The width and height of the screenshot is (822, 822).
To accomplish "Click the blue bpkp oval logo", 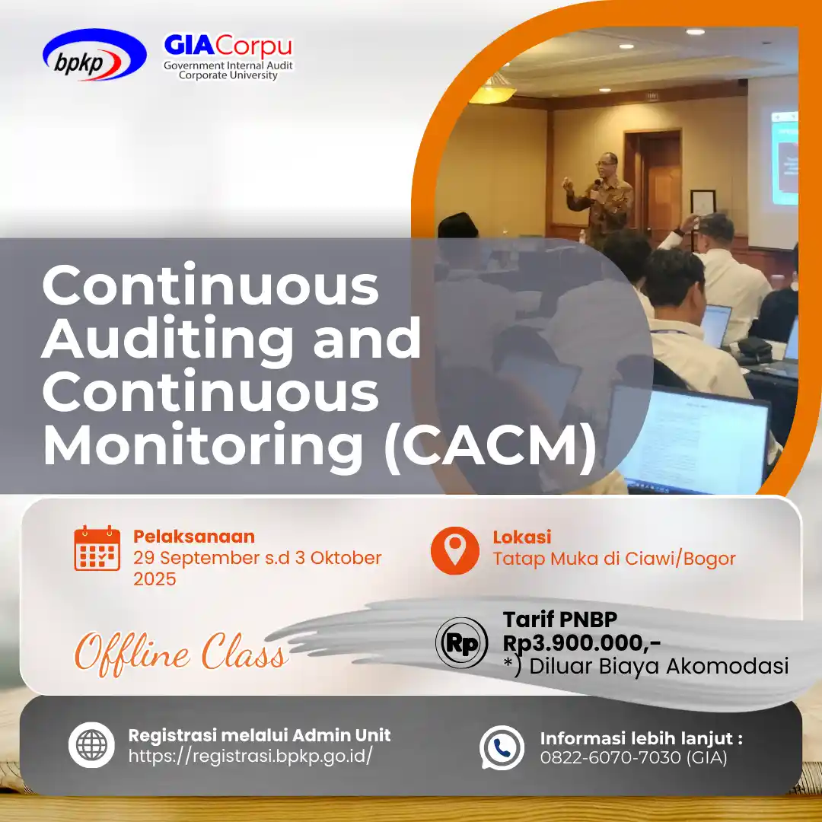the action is [x=94, y=55].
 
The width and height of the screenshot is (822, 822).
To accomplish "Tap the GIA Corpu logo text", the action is [x=228, y=46].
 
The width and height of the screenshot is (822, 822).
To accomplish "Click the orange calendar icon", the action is [x=97, y=548].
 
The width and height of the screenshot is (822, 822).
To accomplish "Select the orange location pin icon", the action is [x=454, y=550].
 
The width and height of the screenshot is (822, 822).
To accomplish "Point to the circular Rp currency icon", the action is [x=461, y=642].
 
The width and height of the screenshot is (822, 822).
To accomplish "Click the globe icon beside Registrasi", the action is [x=92, y=745].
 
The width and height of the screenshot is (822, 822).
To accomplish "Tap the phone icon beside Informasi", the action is [x=502, y=747].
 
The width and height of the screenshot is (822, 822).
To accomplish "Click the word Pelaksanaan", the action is [x=194, y=537].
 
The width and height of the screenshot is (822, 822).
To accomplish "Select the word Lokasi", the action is [x=522, y=537].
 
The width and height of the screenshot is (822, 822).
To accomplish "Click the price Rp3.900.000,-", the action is [x=581, y=642].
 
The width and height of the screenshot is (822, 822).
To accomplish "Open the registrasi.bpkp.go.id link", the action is [x=250, y=756].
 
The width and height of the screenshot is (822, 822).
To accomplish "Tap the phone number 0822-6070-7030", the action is [x=610, y=757].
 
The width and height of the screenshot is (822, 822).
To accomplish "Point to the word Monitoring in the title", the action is [x=203, y=445].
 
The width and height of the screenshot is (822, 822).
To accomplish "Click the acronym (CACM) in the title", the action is [x=490, y=445].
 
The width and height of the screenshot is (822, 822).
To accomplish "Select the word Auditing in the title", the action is [x=168, y=340].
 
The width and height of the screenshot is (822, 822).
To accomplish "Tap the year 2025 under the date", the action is [x=155, y=579].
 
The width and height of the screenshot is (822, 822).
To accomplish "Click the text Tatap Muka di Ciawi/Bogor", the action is [x=614, y=559].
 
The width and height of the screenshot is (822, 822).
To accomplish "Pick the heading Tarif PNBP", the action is [x=560, y=620].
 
